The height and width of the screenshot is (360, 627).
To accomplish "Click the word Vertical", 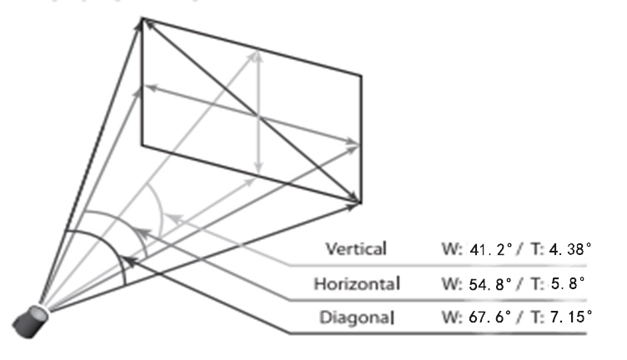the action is pos(356,248).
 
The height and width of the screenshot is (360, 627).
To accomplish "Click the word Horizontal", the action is pos(357,283).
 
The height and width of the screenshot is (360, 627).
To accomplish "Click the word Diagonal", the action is pos(357,317).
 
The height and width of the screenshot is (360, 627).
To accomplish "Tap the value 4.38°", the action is pos(570,249).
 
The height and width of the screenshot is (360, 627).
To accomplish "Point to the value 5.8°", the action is pos(568,283).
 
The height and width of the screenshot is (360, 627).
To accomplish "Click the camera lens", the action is pos(30,322).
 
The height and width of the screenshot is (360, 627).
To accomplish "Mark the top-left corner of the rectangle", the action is pos(142,18).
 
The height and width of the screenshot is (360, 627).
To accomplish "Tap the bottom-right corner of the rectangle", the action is pos(361,203).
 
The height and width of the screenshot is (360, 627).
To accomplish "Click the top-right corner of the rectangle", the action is pos(362,76).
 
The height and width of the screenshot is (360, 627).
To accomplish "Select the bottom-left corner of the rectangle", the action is pos(142,145).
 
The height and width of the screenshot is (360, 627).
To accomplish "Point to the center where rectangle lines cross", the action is pos(258,117).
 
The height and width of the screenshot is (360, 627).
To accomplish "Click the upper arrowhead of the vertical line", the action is pos(258,57).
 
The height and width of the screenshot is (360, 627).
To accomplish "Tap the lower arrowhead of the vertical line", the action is pos(258,168).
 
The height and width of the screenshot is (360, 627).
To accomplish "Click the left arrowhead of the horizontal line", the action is pos(152,87).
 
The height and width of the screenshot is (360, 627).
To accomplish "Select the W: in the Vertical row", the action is pos(452,249).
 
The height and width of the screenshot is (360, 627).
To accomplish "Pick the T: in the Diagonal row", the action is pos(538,317).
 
